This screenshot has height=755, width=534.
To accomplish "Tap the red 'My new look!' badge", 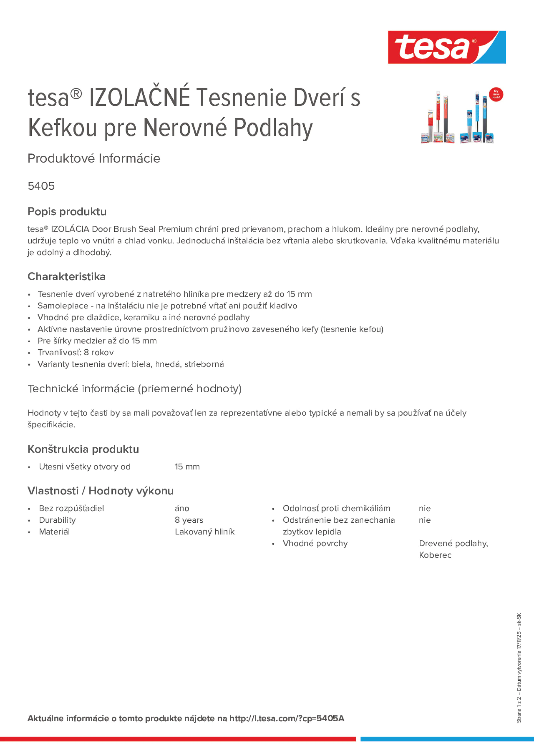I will (496, 94).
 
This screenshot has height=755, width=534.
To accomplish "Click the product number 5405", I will (41, 186).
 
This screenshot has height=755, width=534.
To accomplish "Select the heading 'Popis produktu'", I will (67, 211).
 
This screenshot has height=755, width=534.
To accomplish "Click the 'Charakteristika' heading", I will (67, 276).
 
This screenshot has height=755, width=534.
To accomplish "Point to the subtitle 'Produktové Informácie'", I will (94, 159).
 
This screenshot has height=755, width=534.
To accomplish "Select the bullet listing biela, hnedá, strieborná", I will (130, 364).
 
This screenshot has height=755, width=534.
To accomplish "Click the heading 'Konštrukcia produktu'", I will (83, 449).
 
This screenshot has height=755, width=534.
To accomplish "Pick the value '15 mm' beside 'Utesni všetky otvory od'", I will (187, 467).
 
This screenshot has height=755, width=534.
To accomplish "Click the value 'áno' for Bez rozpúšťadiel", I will (182, 509).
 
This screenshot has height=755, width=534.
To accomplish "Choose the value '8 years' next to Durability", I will (189, 520).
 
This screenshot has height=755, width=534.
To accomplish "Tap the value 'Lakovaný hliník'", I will (204, 532).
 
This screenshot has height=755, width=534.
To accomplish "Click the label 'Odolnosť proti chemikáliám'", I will (336, 509).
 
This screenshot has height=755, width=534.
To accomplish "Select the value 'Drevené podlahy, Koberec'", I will (453, 549).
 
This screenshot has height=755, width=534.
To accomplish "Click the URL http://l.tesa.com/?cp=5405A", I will (287, 719).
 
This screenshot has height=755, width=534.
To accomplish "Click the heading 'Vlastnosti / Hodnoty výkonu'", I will (100, 491).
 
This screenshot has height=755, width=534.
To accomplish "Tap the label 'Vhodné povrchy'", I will (315, 543).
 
